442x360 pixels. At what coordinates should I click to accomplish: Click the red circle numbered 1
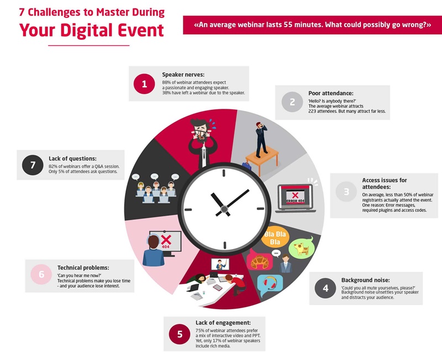pyautogui.click(x=144, y=84)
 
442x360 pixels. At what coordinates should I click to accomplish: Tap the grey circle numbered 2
pyautogui.click(x=292, y=102)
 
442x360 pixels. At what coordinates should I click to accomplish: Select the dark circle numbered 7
pyautogui.click(x=33, y=165)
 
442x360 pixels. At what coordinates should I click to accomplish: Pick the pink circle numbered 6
pyautogui.click(x=41, y=274)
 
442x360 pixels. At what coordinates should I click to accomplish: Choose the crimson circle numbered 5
pyautogui.click(x=180, y=334)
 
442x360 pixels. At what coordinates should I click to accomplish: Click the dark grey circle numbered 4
pyautogui.click(x=325, y=288)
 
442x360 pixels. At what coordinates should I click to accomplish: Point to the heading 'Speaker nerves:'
pyautogui.click(x=183, y=75)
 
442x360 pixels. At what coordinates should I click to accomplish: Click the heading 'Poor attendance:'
pyautogui.click(x=330, y=93)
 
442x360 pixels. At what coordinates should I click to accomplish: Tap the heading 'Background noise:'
pyautogui.click(x=366, y=280)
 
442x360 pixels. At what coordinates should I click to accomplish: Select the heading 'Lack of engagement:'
pyautogui.click(x=223, y=322)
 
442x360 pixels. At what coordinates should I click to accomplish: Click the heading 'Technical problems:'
pyautogui.click(x=83, y=268)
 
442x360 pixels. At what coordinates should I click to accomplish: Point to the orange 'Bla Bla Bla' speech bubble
pyautogui.click(x=275, y=237)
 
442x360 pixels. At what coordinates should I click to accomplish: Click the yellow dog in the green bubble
pyautogui.click(x=301, y=248)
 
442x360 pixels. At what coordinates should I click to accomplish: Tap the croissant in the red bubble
pyautogui.click(x=260, y=262)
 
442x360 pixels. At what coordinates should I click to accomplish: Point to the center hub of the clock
pyautogui.click(x=224, y=209)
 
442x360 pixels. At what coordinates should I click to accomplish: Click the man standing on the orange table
pyautogui.click(x=261, y=140)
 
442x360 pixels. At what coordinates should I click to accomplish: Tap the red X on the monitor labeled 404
pyautogui.click(x=166, y=240)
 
